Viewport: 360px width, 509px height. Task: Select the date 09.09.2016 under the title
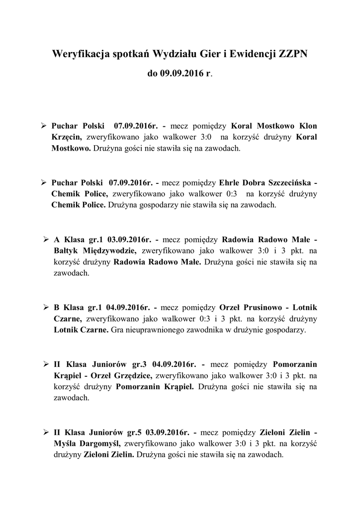[182, 73]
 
